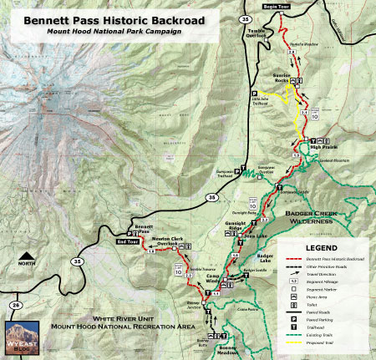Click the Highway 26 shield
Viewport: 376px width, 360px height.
(17, 305)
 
